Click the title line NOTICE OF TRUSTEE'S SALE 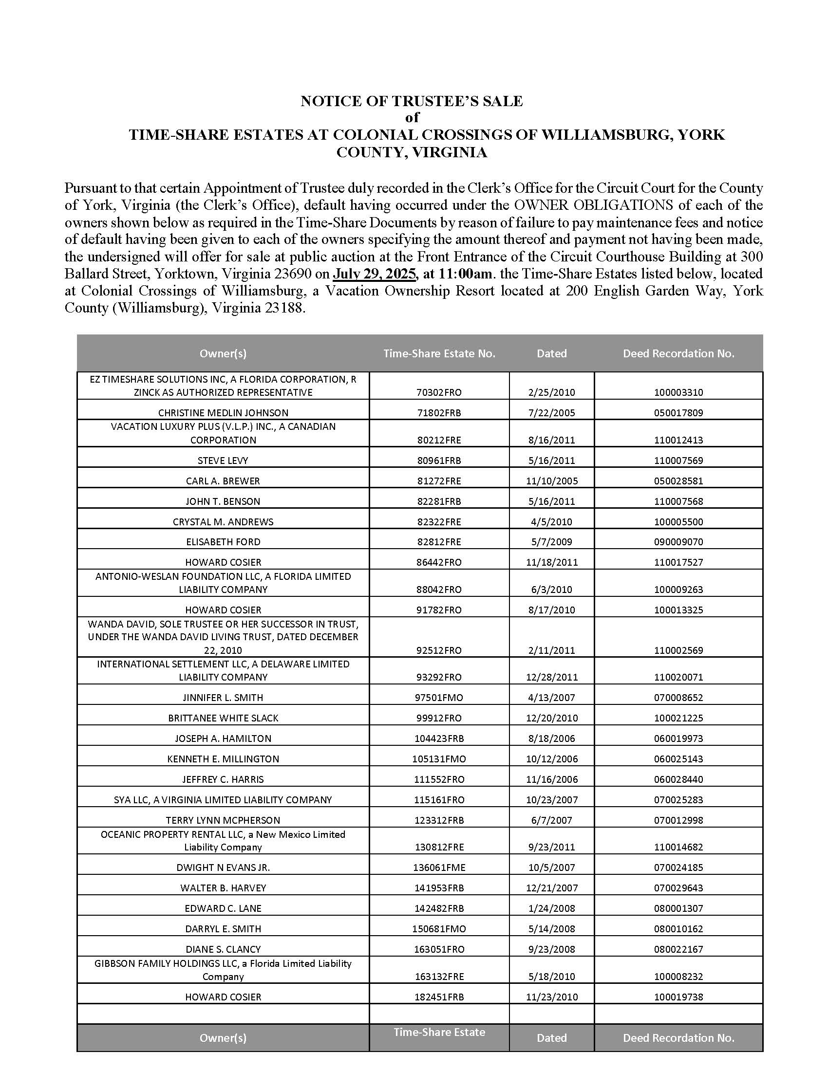click(x=412, y=101)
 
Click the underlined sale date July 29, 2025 click(x=374, y=274)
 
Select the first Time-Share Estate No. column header click(x=439, y=353)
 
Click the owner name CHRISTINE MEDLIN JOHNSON click(x=223, y=413)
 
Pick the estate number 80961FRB click(x=439, y=461)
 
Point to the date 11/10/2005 click(x=552, y=481)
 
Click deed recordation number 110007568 click(x=678, y=501)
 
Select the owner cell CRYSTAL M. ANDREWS click(x=223, y=522)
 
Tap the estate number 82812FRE click(x=439, y=542)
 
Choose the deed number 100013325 click(x=678, y=610)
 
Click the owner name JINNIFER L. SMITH click(x=223, y=698)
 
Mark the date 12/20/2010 click(x=552, y=718)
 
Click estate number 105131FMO click(x=439, y=759)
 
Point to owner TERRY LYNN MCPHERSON click(x=223, y=820)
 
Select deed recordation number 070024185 click(x=678, y=868)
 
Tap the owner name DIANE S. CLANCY click(x=223, y=949)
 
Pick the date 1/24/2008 click(x=552, y=908)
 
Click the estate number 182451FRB click(x=439, y=997)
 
